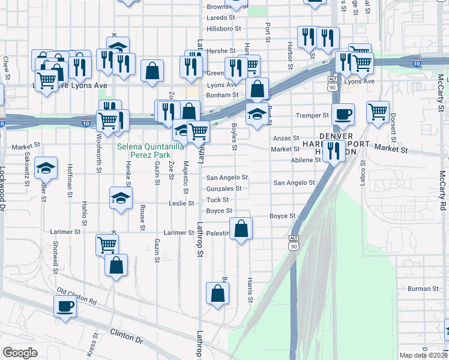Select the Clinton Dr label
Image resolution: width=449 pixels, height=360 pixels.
point(127,335)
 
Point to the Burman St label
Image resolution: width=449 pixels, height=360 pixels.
point(420,289)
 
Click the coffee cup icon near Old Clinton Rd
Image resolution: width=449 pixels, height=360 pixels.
point(65,306)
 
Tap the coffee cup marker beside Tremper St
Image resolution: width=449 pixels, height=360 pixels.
point(343,115)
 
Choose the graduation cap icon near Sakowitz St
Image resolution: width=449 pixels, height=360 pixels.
point(46,169)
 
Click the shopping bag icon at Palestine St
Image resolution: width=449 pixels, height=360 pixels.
point(241,229)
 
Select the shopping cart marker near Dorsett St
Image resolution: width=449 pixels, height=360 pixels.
point(378,111)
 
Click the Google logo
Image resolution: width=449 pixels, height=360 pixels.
point(20,353)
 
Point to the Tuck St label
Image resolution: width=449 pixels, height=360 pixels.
point(217,200)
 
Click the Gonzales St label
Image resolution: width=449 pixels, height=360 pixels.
point(223,188)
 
